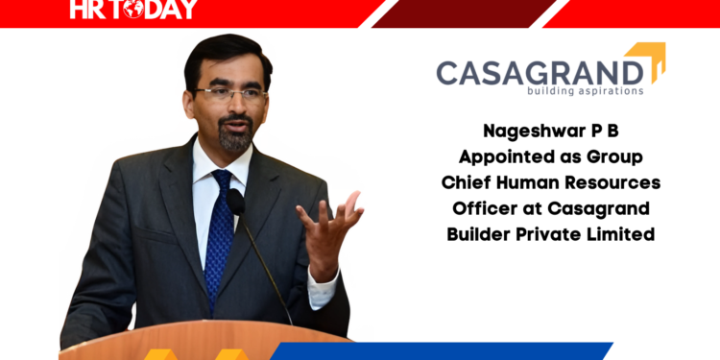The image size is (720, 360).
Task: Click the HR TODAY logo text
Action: tap(133, 11)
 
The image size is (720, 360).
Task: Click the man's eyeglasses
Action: tap(228, 94)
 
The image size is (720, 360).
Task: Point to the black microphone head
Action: tap(235, 203)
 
